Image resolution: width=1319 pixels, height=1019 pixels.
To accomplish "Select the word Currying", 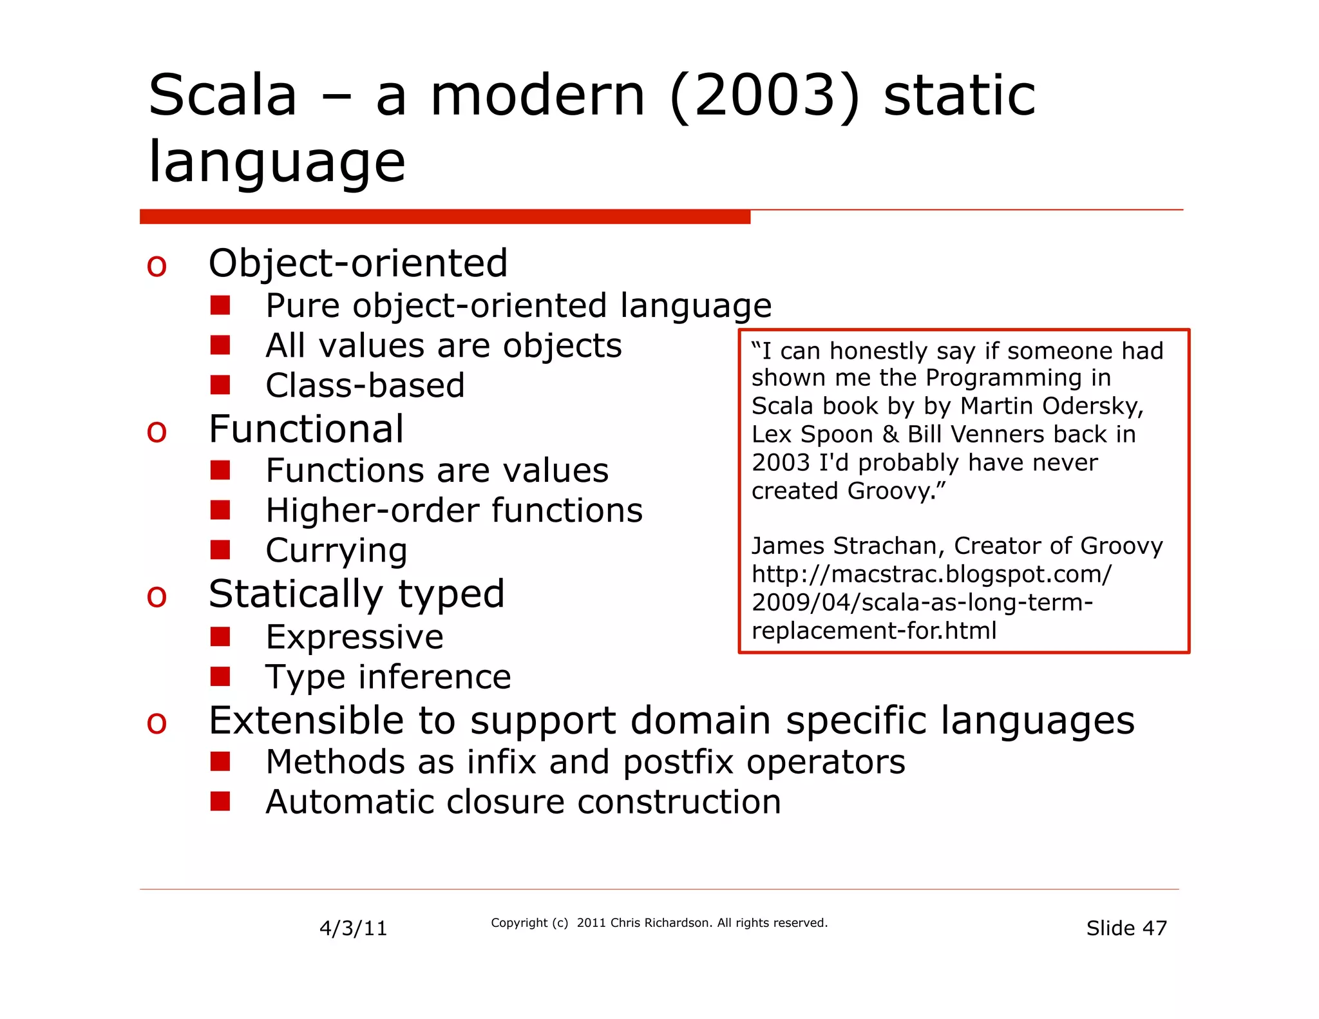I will tap(336, 551).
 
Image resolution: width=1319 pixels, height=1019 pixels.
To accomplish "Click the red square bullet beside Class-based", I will tap(220, 385).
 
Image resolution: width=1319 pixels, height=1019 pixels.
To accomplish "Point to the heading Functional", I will tap(306, 429).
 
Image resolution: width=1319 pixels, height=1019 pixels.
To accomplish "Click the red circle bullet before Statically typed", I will tap(157, 596).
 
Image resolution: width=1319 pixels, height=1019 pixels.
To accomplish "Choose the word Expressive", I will tap(354, 637).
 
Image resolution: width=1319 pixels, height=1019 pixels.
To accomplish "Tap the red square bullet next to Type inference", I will tap(220, 676).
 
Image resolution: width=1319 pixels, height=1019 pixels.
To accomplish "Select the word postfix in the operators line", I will tap(678, 762).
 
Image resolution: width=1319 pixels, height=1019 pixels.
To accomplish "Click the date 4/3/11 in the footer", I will tap(353, 928).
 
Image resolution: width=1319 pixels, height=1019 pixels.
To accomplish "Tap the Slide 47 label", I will tap(1126, 928).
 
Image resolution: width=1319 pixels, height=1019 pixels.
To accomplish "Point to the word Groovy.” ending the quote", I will tap(897, 491).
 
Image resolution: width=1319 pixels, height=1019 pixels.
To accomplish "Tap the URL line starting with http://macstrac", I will tap(931, 574).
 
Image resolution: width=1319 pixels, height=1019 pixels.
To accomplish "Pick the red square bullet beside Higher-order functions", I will tap(220, 510).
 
